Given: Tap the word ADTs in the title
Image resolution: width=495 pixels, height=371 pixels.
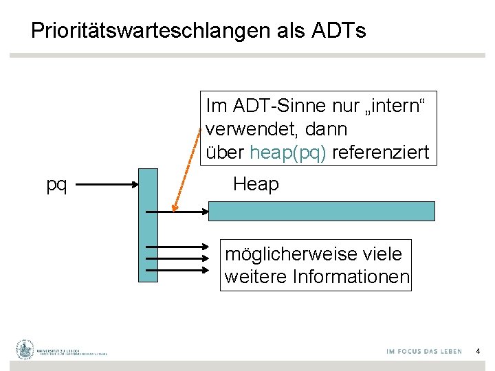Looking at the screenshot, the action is (338, 31).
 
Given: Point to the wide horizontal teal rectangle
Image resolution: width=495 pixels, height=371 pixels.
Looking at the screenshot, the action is (321, 210).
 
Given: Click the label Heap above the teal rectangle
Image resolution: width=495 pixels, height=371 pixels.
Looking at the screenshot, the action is (256, 184).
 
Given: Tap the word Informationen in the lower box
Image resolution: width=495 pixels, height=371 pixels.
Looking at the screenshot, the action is (351, 278).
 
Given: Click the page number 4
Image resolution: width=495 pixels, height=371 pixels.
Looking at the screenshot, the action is (478, 351).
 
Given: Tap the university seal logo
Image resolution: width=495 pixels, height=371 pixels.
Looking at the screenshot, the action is (25, 350).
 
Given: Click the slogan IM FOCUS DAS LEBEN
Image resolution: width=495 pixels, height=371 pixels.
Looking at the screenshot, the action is (424, 351).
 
